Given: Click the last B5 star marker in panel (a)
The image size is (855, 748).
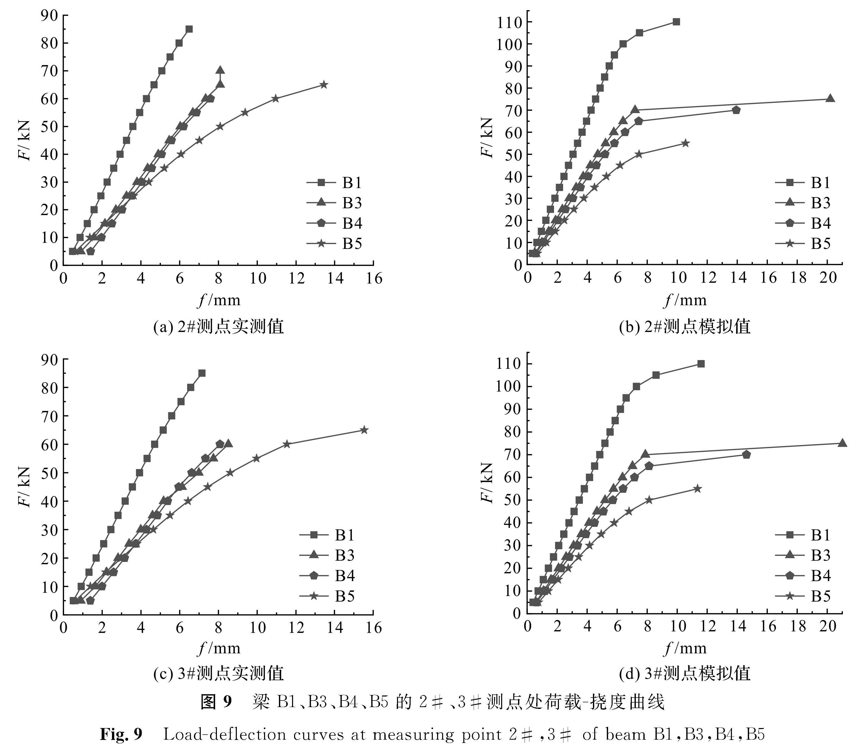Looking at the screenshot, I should click(324, 85).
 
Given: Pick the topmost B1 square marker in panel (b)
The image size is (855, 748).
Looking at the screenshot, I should click(676, 22).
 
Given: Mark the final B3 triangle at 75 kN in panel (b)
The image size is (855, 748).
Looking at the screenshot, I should click(830, 99).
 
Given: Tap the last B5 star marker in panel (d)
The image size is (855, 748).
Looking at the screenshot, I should click(697, 489).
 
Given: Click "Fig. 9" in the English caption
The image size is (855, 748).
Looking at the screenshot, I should click(121, 734).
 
